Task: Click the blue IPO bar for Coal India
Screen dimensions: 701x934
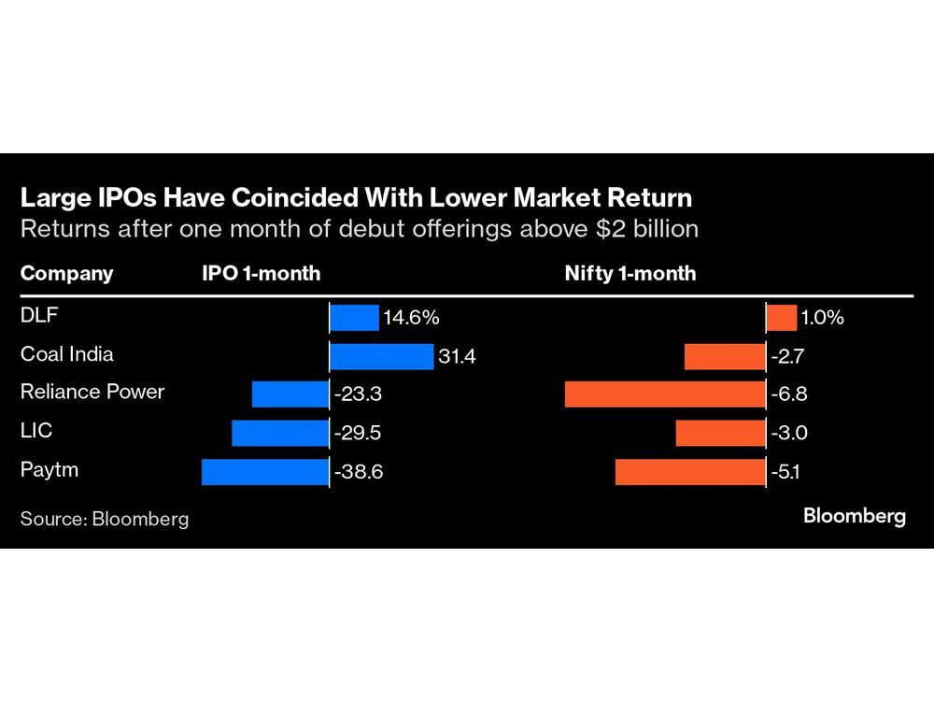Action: point(382,356)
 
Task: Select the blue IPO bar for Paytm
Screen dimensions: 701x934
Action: point(265,471)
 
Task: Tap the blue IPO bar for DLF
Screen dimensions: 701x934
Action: point(354,318)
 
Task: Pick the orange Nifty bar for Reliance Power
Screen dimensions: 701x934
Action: point(665,394)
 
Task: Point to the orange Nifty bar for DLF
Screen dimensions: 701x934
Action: point(782,318)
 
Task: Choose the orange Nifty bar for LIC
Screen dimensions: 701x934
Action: point(720,433)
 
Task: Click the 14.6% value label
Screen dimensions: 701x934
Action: point(411,318)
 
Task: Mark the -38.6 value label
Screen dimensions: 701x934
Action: point(359,472)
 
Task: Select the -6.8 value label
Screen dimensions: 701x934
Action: point(789,394)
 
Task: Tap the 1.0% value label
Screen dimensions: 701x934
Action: point(823,318)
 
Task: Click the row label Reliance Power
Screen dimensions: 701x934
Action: point(92,392)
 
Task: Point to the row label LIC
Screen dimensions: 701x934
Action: point(36,431)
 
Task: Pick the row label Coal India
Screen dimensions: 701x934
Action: point(67,354)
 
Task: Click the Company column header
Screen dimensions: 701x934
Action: point(66,274)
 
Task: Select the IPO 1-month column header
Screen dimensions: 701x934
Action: point(262,274)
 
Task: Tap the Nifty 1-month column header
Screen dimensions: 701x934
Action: point(631,274)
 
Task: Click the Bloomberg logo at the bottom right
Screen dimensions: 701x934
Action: point(855,516)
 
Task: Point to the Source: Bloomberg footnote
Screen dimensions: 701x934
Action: point(105,519)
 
